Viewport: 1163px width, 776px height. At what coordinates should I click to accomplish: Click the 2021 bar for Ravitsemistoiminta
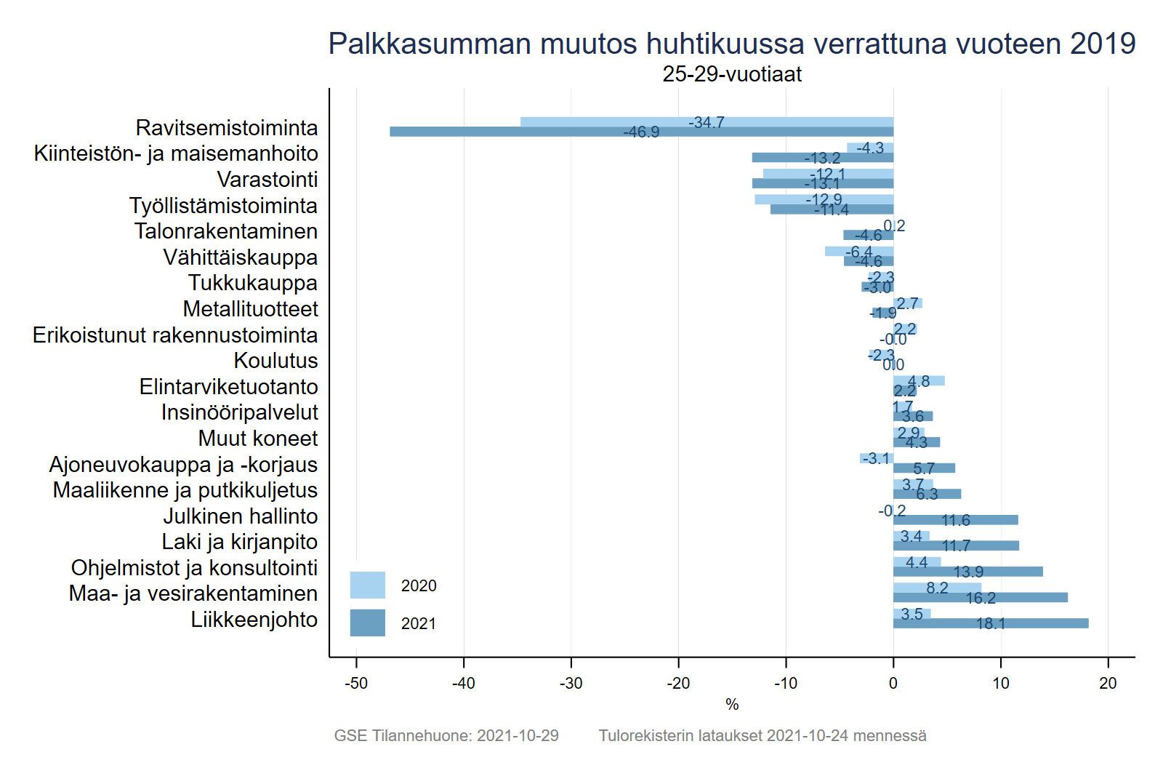click(x=509, y=132)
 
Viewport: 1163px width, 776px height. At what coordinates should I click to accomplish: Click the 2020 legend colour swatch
click(x=367, y=585)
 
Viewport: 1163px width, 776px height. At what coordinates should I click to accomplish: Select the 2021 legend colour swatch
click(x=367, y=623)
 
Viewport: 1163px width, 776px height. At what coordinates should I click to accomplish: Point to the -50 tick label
click(x=356, y=684)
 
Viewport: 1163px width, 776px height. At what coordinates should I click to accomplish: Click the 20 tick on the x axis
click(x=1108, y=684)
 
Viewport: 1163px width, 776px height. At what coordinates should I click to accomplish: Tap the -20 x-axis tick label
click(x=678, y=684)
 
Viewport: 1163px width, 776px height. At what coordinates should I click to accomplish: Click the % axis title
click(x=732, y=705)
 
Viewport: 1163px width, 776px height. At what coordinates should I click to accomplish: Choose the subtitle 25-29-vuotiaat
click(x=732, y=74)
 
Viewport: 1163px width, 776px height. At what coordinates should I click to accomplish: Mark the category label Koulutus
click(x=275, y=361)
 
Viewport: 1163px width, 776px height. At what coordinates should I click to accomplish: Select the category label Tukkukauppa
click(x=252, y=283)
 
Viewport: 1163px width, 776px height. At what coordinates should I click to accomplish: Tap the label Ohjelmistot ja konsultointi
click(x=194, y=568)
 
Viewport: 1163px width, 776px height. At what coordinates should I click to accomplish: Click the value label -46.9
click(x=641, y=132)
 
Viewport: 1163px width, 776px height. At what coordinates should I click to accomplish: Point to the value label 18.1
click(x=991, y=624)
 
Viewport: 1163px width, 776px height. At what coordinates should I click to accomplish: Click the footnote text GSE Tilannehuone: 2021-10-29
click(x=446, y=736)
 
